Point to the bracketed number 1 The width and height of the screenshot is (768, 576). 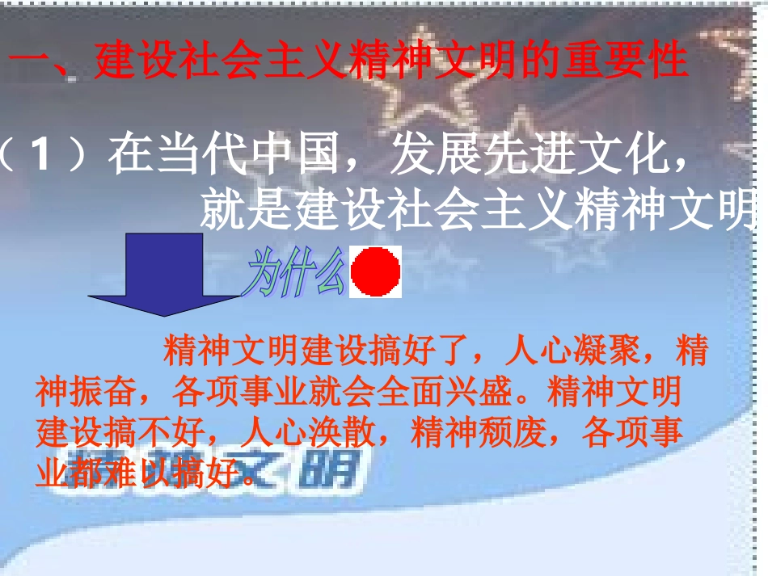[x=45, y=155]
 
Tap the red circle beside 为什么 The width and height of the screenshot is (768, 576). [x=375, y=272]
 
